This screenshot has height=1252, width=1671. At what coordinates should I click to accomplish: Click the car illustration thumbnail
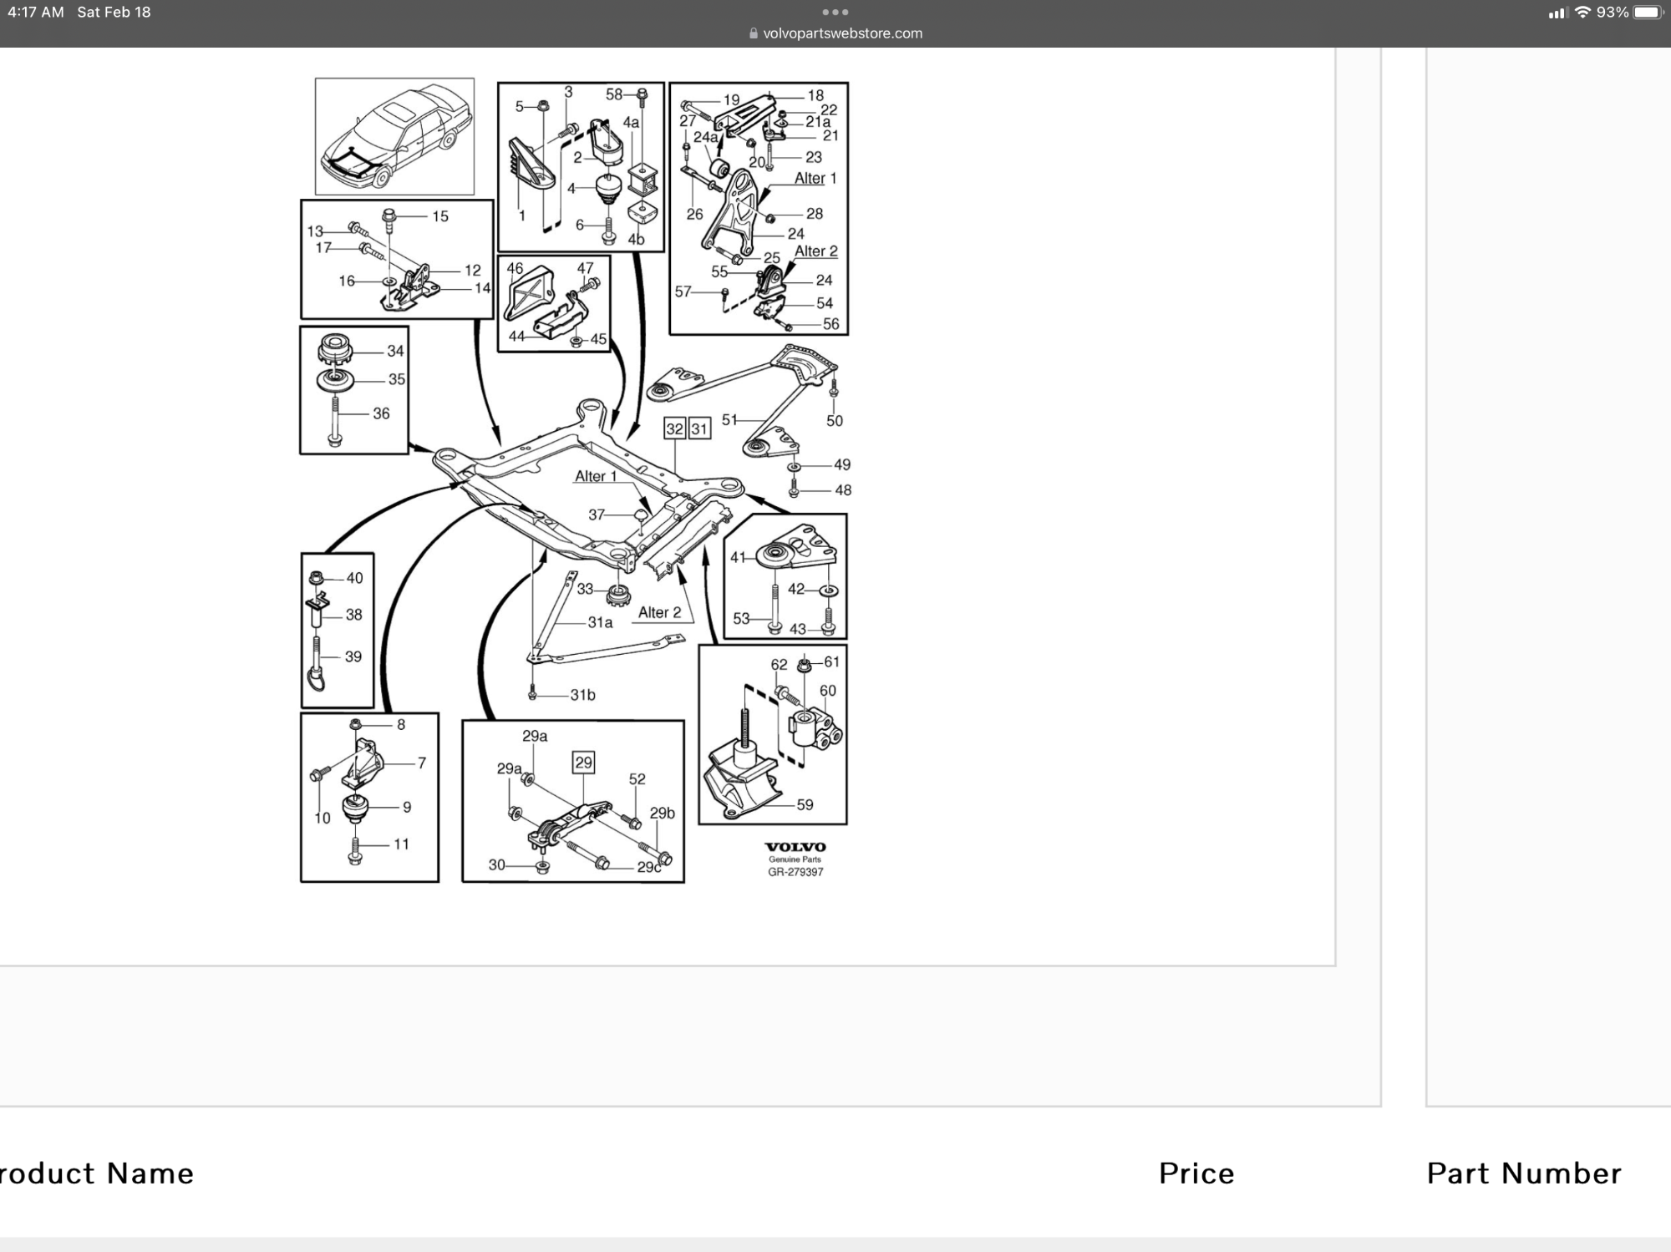[x=394, y=136]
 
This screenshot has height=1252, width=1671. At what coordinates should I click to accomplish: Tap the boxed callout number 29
[x=583, y=762]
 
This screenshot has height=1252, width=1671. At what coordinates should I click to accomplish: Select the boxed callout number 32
[x=674, y=428]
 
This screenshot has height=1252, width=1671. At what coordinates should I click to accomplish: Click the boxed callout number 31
[x=699, y=428]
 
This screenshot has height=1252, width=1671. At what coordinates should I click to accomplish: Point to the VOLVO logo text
[x=795, y=847]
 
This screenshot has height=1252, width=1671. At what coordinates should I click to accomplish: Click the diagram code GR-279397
[x=795, y=872]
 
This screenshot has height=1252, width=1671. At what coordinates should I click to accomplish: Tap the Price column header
[x=1196, y=1173]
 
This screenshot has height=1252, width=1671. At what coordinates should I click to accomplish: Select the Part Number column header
[x=1524, y=1173]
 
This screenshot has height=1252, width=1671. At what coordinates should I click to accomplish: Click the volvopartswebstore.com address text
[x=842, y=33]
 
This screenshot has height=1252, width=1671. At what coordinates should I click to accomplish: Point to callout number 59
[x=805, y=804]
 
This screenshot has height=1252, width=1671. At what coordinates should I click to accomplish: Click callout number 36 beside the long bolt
[x=381, y=413]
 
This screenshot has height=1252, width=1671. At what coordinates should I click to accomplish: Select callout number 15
[x=440, y=216]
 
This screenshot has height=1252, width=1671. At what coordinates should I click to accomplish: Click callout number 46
[x=515, y=268]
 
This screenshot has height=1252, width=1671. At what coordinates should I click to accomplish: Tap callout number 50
[x=835, y=421]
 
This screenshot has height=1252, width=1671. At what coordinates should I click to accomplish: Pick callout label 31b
[x=583, y=695]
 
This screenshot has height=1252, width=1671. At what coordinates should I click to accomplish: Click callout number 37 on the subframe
[x=597, y=514]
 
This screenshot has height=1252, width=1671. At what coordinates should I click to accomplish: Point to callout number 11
[x=401, y=844]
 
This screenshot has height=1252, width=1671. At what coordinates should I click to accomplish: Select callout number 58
[x=614, y=94]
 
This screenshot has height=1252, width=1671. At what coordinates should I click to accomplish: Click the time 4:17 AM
[x=36, y=13]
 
